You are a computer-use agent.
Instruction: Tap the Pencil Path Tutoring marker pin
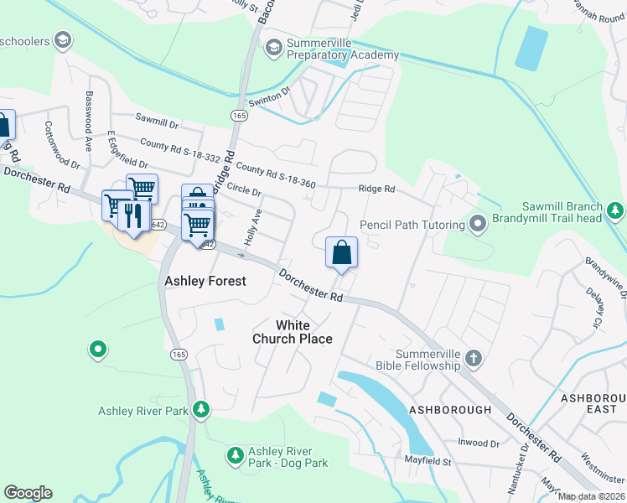pos(478,224)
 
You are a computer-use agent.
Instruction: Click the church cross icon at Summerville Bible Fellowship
pos(474,359)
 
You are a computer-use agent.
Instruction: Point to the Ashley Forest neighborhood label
pos(205,281)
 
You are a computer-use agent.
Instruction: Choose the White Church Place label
pos(293,332)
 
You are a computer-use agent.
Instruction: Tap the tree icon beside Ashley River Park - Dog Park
pos(236,454)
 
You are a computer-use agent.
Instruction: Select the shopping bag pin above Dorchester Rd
pos(341,252)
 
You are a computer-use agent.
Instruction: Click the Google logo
pos(28,493)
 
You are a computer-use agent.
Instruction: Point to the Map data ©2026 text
pos(592,496)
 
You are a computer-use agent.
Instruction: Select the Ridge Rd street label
pos(376,189)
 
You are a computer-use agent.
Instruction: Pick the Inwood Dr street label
pos(478,443)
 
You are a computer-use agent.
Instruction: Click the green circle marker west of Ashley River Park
pos(98,349)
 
